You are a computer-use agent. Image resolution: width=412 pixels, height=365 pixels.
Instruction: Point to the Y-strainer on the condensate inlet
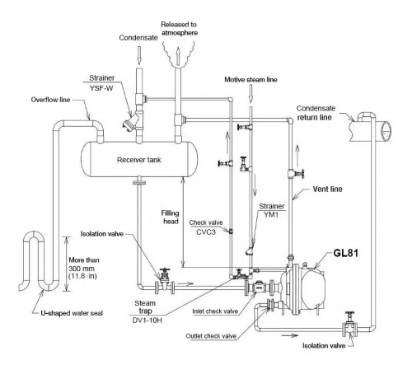tap(126, 126)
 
